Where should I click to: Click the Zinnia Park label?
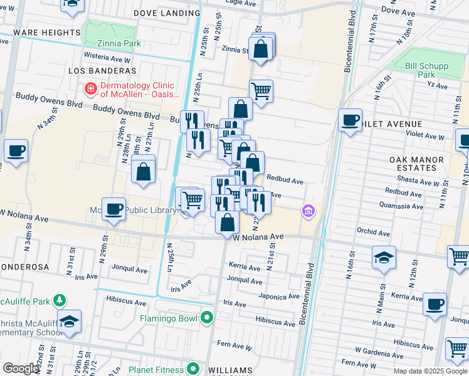click(119, 44)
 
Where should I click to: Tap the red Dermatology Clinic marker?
click(91, 90)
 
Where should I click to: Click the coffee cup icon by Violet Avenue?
click(350, 119)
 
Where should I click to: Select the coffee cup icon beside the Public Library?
click(113, 209)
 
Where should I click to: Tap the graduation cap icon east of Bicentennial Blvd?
click(384, 258)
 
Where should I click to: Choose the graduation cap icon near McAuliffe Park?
click(70, 321)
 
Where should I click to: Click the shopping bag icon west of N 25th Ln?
click(144, 170)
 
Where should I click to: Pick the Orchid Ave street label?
click(374, 232)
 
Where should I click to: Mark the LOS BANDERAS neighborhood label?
click(98, 71)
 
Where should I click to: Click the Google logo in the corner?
click(21, 368)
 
